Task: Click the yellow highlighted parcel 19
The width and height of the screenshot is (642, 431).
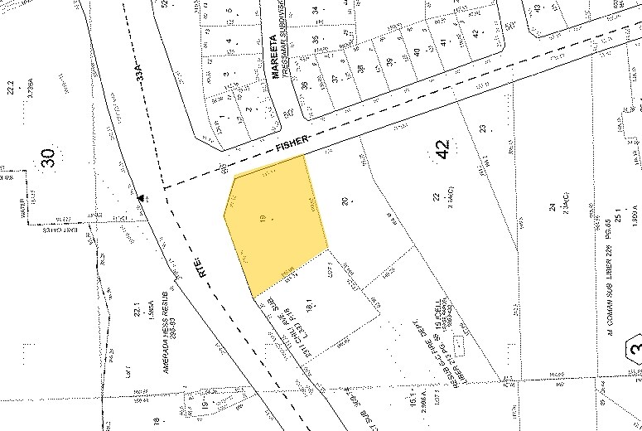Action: (273, 224)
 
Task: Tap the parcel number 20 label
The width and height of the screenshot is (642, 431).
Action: (345, 200)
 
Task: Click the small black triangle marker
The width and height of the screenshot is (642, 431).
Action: (142, 197)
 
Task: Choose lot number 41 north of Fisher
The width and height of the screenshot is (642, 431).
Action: (444, 42)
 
